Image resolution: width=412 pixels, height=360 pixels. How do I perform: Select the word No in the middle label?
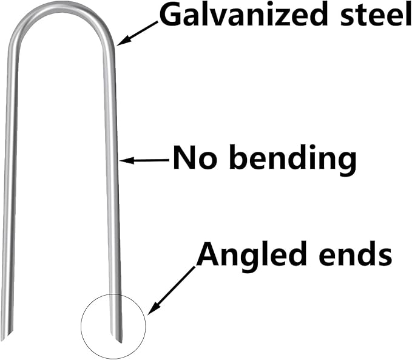(x=192, y=158)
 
